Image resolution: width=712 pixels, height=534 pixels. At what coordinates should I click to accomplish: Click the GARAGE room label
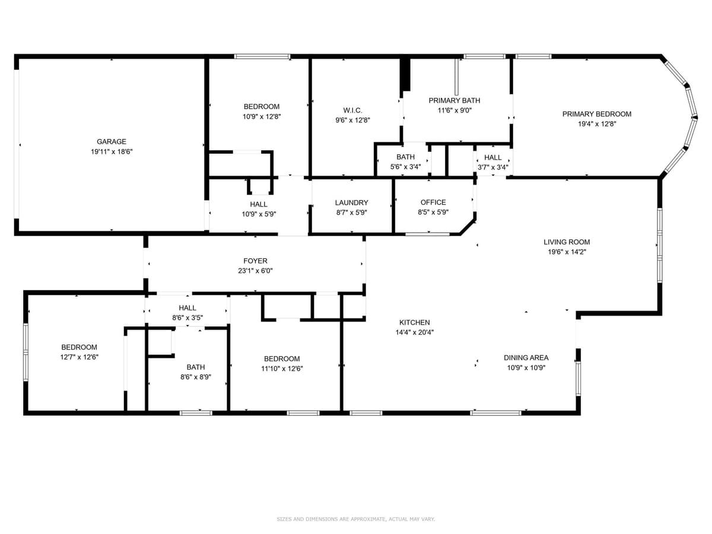112,142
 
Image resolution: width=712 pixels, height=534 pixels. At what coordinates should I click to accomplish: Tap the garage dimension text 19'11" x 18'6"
112,152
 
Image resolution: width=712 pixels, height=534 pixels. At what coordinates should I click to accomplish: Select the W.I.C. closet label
352,110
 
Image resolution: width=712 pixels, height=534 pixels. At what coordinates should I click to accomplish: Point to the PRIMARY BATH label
454,100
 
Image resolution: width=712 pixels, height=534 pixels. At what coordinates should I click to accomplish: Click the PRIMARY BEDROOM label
597,114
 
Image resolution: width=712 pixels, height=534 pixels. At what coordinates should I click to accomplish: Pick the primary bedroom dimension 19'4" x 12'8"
597,124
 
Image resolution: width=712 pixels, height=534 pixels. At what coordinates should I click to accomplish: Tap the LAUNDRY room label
351,202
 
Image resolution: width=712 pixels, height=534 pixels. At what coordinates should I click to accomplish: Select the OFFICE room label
433,202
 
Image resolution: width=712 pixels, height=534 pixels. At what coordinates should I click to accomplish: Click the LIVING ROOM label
567,242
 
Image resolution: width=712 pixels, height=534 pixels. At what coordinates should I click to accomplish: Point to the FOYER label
255,261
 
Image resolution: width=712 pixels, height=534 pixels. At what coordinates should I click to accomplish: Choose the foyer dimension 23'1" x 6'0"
255,271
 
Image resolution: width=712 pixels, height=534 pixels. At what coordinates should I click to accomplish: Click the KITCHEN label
414,323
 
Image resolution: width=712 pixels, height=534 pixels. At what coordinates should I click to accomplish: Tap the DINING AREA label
526,358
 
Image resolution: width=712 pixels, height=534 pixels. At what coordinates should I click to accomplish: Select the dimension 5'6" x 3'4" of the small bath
405,167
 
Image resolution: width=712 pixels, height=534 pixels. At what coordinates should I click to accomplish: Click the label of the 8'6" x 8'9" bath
196,367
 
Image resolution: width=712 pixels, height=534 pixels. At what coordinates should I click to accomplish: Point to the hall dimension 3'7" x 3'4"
493,167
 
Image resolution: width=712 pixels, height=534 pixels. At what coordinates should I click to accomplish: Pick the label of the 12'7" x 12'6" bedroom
79,348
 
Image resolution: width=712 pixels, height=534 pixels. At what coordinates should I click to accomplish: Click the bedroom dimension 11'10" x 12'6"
282,368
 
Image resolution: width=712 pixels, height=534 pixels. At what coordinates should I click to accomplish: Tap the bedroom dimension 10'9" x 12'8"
262,117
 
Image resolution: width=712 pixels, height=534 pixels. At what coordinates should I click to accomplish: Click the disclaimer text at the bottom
356,519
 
